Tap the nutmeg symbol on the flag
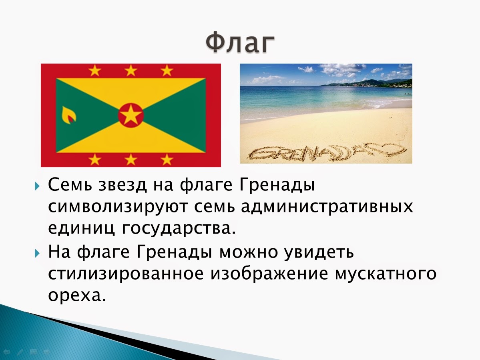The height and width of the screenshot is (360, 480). (68, 115)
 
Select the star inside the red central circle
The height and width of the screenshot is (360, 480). (131, 116)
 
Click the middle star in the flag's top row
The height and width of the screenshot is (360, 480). (131, 71)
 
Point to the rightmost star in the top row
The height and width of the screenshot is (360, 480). (167, 71)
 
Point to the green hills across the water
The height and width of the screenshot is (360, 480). (372, 83)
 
